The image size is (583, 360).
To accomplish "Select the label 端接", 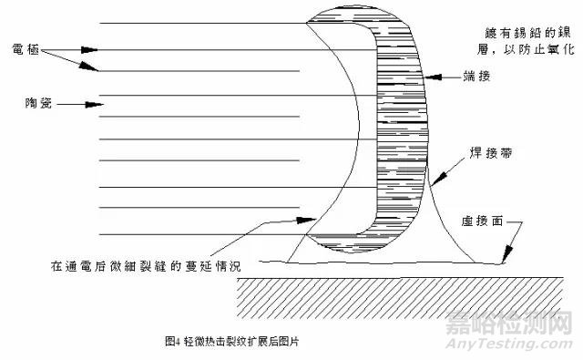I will pos(477,77).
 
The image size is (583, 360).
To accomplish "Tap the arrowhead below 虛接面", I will pos(506,262).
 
